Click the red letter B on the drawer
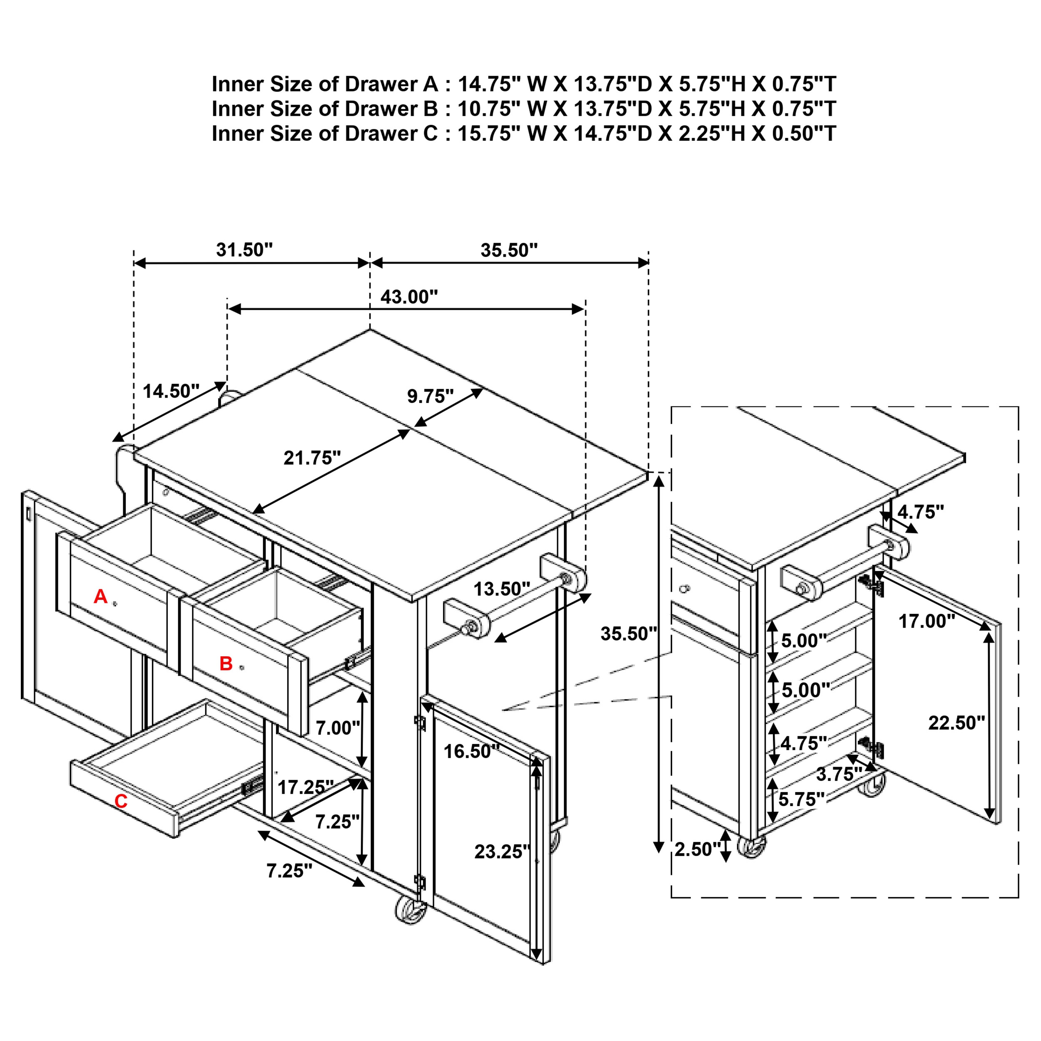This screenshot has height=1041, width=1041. [226, 663]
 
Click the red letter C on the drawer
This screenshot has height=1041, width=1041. [121, 801]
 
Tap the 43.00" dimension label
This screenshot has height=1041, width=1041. [409, 296]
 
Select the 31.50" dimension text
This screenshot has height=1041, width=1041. [244, 249]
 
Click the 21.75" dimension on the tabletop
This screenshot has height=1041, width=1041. [312, 458]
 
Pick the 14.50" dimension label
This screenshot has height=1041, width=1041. [171, 391]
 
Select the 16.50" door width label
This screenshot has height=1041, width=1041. [471, 751]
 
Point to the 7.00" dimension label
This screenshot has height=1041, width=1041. [337, 728]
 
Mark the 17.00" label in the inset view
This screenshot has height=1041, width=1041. [926, 621]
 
